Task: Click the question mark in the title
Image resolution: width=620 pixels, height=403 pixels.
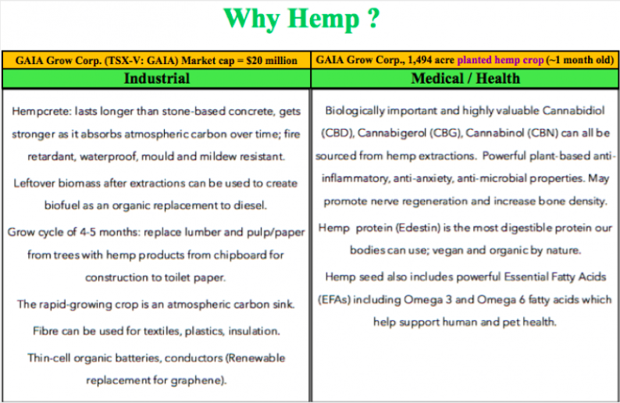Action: tap(373, 18)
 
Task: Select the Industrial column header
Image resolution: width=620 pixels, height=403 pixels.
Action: tap(157, 78)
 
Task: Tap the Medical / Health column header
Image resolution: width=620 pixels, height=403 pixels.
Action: tap(465, 78)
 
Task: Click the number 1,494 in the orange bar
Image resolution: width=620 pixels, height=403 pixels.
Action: tap(419, 60)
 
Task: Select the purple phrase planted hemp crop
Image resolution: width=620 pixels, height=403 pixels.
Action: tap(501, 60)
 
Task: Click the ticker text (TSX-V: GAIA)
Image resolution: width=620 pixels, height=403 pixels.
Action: tap(141, 60)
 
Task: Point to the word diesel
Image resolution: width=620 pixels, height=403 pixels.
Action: tap(250, 205)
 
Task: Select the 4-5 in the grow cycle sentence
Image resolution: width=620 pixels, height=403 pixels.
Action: tap(87, 232)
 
